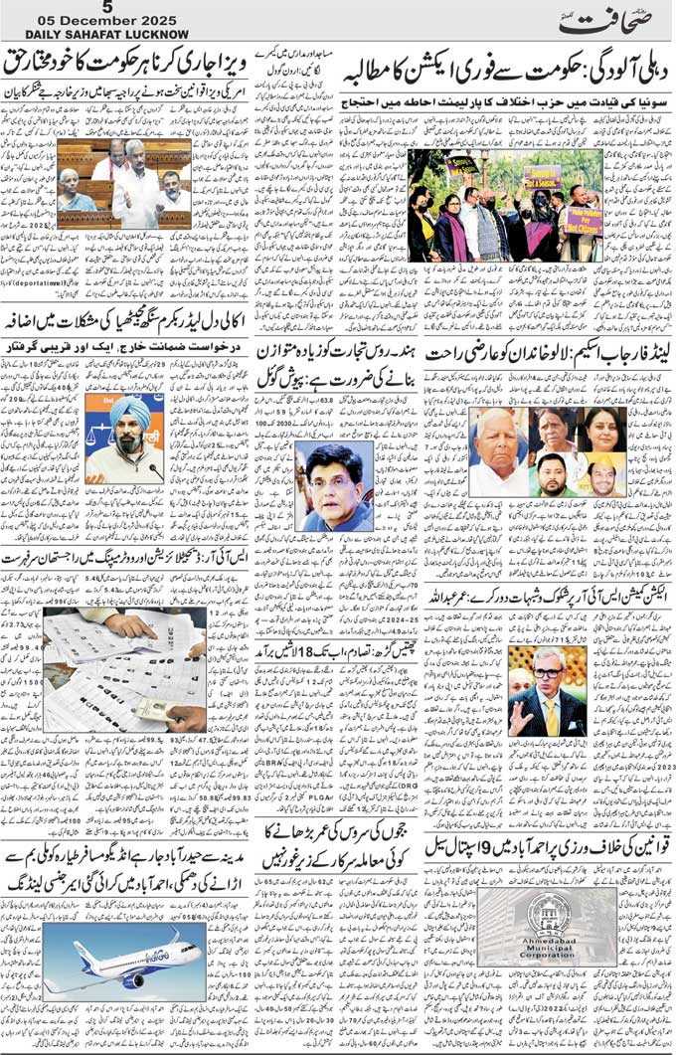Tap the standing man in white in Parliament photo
[136, 189]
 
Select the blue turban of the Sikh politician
[129, 410]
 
